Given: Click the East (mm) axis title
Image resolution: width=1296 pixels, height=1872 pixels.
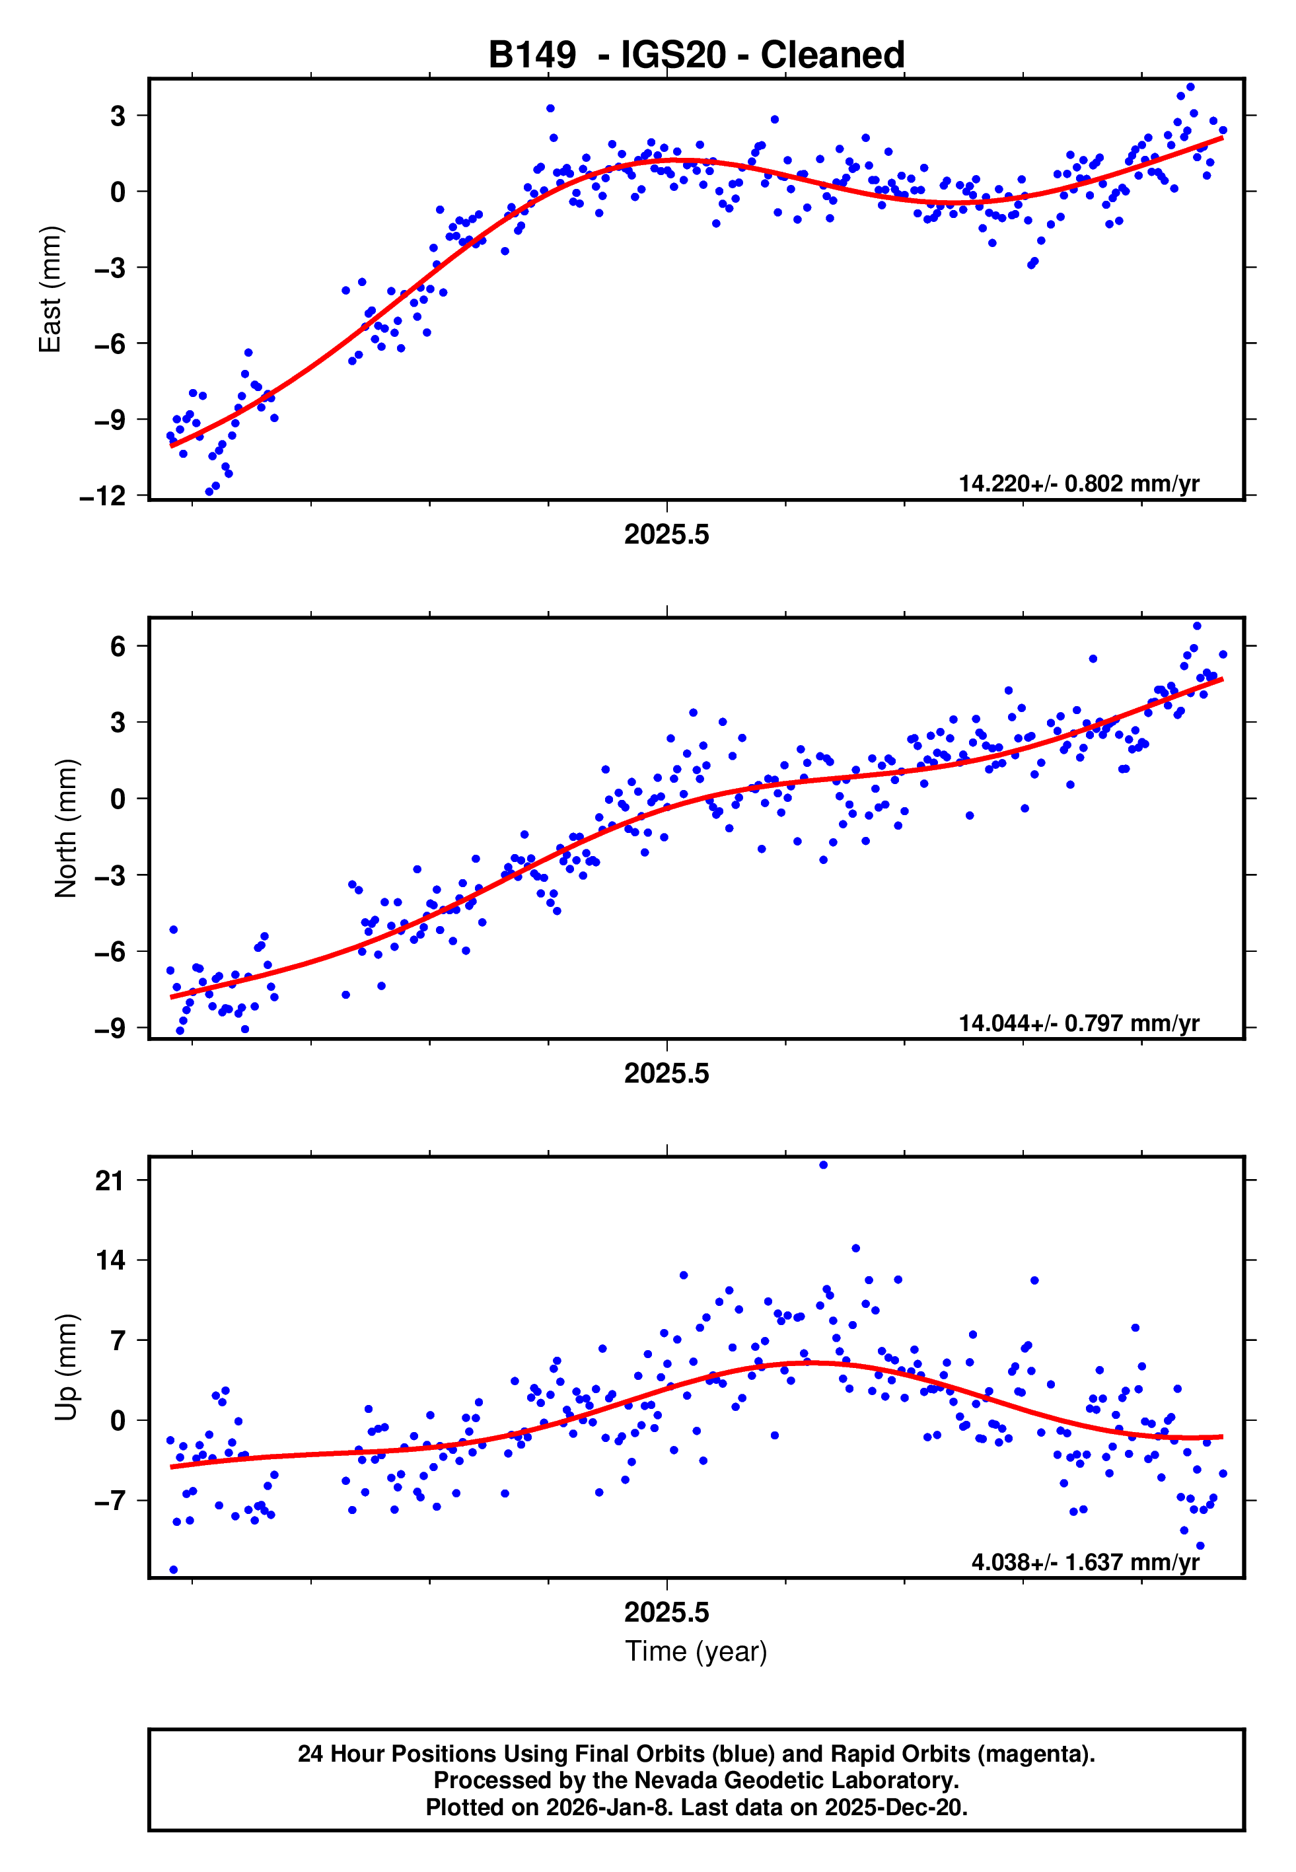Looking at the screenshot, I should coord(50,289).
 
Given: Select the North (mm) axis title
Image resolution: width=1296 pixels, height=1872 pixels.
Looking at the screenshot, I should coord(66,828).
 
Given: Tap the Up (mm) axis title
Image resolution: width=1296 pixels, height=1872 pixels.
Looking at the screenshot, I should coord(66,1367).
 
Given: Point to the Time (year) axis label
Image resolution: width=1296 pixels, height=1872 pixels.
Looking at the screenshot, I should coord(696,1651).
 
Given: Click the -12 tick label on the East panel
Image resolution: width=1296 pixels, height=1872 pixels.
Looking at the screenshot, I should coord(103,496).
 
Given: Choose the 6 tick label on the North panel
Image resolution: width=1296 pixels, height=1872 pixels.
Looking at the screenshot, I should coord(118,646).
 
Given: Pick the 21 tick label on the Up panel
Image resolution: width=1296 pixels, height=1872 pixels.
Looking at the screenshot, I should coord(110,1180).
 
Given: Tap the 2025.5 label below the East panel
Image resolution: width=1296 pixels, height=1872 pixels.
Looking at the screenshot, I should coord(666,534).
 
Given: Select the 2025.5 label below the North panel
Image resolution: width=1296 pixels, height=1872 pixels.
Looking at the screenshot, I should coord(666,1073).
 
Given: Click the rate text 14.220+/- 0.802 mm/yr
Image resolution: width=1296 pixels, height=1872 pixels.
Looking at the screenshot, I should coord(1079,484).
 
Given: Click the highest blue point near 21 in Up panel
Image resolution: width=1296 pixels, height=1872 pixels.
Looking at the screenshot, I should coord(824,1165).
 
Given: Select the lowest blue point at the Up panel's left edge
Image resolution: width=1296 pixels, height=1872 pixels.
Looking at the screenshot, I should coord(173,1570).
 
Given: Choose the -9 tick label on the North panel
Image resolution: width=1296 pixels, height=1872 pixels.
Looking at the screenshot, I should coord(110,1028).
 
